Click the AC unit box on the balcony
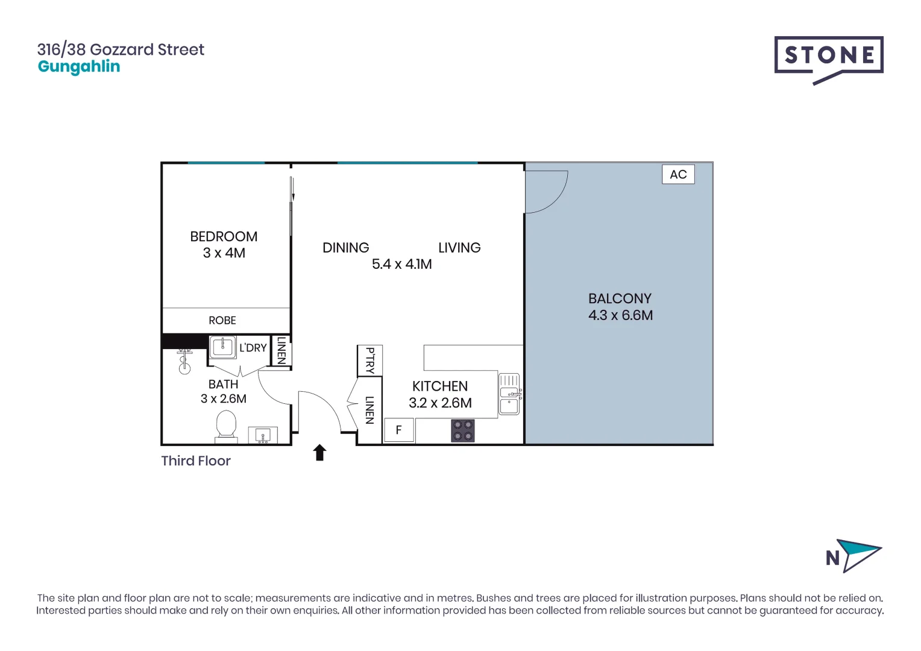point(678,175)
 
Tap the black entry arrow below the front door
point(319,453)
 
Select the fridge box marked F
point(398,430)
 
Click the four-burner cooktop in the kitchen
point(462,431)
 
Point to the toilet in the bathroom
point(227,424)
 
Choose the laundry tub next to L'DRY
point(222,347)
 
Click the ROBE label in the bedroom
point(222,321)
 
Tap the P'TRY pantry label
point(370,360)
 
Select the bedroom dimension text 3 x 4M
point(224,253)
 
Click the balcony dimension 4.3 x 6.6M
point(620,315)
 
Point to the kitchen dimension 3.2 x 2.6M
point(440,403)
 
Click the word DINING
point(345,248)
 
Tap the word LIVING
point(459,248)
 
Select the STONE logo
point(829,57)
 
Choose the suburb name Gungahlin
point(79,67)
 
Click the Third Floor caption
point(196,461)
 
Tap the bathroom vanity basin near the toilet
point(263,435)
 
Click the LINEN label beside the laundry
point(281,350)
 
